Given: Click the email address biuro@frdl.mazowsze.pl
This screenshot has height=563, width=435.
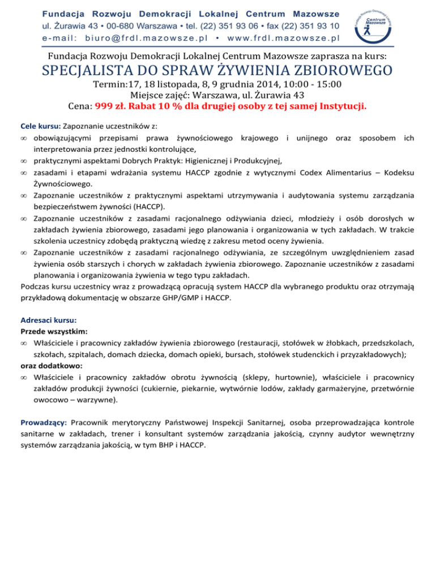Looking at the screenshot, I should pyautogui.click(x=146, y=38).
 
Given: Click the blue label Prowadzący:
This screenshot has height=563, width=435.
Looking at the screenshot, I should pyautogui.click(x=44, y=423).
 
